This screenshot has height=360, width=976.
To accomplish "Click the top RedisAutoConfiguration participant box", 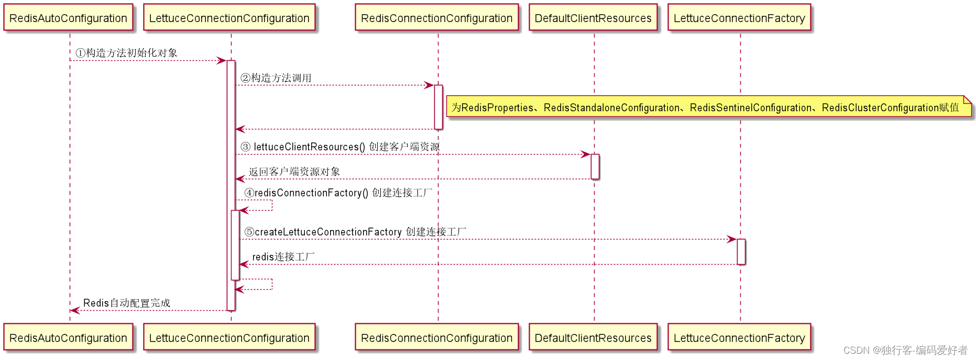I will pyautogui.click(x=68, y=18).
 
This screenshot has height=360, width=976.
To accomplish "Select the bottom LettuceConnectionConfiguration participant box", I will pyautogui.click(x=229, y=337).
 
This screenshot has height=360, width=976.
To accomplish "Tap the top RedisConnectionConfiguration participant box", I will pyautogui.click(x=436, y=18).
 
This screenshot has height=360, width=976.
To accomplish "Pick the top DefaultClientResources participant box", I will pyautogui.click(x=593, y=18).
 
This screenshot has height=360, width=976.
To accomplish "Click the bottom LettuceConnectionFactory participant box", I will pyautogui.click(x=739, y=337).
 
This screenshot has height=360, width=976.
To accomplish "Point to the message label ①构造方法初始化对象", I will pyautogui.click(x=126, y=53).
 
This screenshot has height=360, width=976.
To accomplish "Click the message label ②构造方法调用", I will pyautogui.click(x=276, y=78).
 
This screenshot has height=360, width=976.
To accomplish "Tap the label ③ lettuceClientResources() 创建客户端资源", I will pyautogui.click(x=340, y=147).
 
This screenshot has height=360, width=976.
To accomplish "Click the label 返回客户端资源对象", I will pyautogui.click(x=294, y=172).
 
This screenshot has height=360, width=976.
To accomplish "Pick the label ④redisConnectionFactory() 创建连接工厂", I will pyautogui.click(x=338, y=193).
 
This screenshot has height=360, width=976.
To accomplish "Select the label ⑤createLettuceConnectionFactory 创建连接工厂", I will pyautogui.click(x=355, y=232).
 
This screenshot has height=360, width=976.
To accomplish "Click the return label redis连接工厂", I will pyautogui.click(x=283, y=257).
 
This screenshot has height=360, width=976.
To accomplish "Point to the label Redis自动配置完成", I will pyautogui.click(x=127, y=303).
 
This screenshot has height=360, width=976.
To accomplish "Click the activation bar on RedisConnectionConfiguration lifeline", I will pyautogui.click(x=438, y=106).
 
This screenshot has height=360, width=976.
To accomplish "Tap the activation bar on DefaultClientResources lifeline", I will pyautogui.click(x=595, y=166).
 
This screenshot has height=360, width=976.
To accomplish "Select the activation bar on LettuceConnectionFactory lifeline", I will pyautogui.click(x=741, y=252).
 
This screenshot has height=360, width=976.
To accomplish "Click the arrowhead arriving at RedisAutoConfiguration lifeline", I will pyautogui.click(x=74, y=310).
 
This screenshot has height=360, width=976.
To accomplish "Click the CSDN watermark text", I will pyautogui.click(x=905, y=350).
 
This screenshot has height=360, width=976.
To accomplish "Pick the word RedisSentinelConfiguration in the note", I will pyautogui.click(x=750, y=107).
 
